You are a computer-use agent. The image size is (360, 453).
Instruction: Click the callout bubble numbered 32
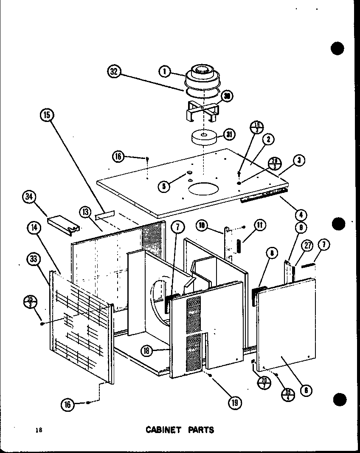114,71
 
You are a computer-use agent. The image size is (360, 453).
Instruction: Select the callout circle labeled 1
164,71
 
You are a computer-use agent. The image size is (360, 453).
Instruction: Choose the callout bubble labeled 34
30,198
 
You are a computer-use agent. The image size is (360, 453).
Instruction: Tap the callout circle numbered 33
34,258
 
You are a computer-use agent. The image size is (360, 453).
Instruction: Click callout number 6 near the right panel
305,389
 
